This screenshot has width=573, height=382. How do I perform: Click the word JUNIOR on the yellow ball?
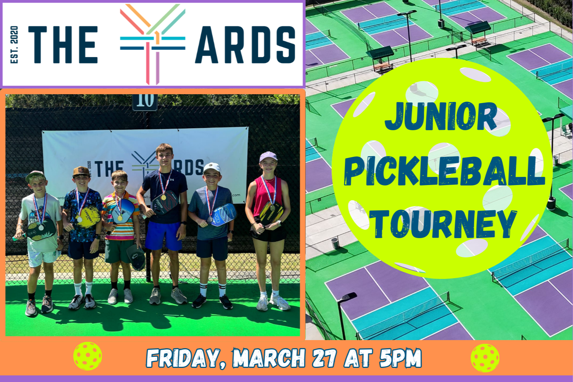click(x=441, y=116)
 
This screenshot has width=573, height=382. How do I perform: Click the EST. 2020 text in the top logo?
click(x=14, y=45)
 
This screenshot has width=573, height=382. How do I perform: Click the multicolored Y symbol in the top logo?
click(x=153, y=43)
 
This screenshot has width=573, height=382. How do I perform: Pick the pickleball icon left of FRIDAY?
click(x=88, y=356)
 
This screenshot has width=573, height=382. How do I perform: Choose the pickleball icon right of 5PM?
click(x=485, y=358)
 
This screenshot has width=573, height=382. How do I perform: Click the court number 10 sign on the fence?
click(x=145, y=101)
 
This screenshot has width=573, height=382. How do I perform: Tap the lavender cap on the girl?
click(x=268, y=156)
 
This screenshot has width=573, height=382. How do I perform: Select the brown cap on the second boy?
click(x=81, y=171)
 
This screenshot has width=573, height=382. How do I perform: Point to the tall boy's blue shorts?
click(x=163, y=235)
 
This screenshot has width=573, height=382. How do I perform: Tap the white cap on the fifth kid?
click(x=212, y=168)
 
